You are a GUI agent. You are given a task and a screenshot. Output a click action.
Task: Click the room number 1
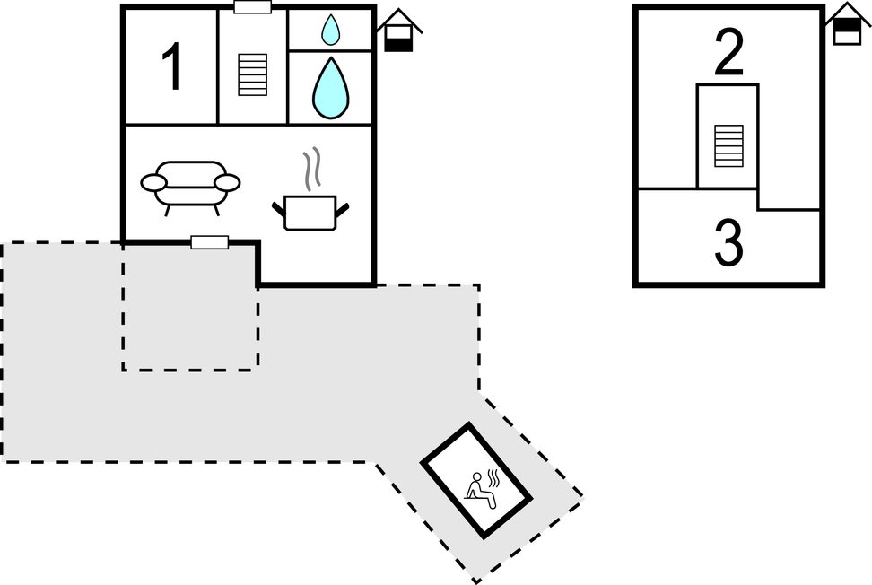click(x=171, y=68)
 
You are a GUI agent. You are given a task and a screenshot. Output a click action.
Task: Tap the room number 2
click(x=728, y=53)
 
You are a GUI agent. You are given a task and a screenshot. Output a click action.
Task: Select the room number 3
click(x=728, y=243)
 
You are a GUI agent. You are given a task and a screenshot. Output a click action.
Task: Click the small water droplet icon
click(x=331, y=31)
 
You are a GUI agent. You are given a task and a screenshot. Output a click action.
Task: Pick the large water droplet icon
click(x=329, y=88)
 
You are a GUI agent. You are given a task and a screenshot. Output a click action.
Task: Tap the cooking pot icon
click(x=310, y=212)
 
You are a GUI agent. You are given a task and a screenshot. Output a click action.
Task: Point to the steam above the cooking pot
click(x=311, y=170)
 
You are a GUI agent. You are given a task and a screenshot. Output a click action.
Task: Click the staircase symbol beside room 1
click(x=252, y=74)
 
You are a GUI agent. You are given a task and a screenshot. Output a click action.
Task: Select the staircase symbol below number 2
click(x=728, y=145)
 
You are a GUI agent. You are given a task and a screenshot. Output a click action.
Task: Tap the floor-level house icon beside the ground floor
click(x=399, y=32)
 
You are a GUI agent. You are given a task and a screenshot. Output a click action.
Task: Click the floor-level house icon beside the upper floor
click(x=847, y=25)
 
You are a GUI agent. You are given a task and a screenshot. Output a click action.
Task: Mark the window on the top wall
click(x=252, y=7)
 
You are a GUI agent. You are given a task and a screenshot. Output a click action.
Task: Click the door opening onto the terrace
click(x=210, y=242)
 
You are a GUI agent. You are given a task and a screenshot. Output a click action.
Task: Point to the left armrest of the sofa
click(x=153, y=183)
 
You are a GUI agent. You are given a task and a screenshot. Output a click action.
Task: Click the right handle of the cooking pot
click(x=342, y=210)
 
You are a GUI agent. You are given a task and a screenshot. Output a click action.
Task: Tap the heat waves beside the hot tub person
click(x=493, y=476)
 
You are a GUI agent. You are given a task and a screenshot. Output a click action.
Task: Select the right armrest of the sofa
click(x=227, y=183)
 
